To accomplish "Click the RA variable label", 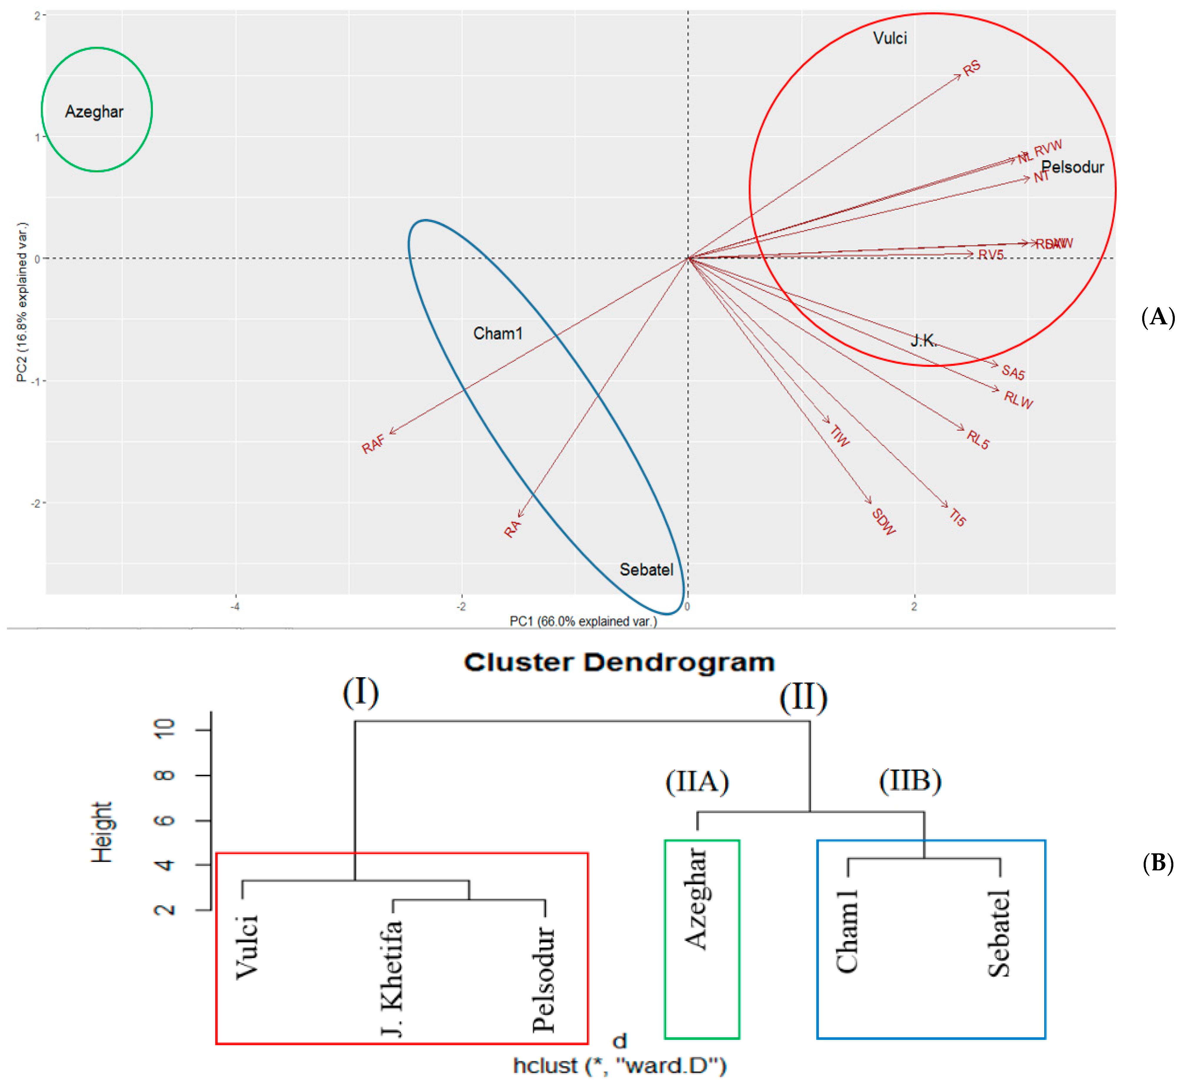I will pyautogui.click(x=512, y=529).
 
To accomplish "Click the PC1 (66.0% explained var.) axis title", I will pyautogui.click(x=583, y=621).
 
